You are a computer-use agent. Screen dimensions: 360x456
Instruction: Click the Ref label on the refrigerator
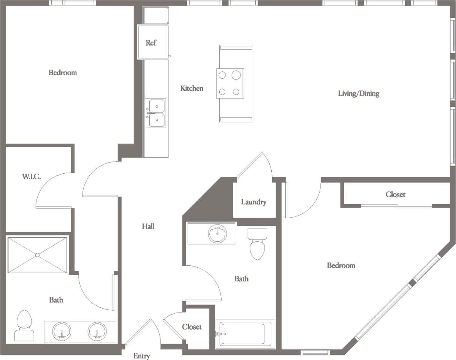[x=151, y=43]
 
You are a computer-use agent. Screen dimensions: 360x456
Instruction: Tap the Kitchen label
[x=192, y=88]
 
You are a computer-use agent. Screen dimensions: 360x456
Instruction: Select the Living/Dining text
[x=358, y=93]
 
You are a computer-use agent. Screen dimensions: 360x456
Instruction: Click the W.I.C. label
[x=31, y=176]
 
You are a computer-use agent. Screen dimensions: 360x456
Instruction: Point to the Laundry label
[x=253, y=202]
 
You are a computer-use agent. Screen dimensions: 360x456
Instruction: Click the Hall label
[x=148, y=226]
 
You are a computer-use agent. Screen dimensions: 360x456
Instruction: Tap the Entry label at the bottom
[x=141, y=356]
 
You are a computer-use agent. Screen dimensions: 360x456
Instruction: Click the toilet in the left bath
[x=24, y=325]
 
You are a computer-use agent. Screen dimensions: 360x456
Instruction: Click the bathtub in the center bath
[x=245, y=334]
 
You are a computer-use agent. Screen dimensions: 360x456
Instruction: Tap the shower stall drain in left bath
[x=37, y=255]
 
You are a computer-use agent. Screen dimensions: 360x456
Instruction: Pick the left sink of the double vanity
[x=61, y=331]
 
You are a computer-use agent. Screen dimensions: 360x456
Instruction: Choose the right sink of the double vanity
[x=97, y=331]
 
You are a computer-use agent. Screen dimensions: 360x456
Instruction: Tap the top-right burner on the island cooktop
[x=236, y=75]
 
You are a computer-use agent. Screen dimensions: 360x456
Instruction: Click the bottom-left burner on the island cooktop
[x=222, y=92]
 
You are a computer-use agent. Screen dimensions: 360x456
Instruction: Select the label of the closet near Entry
[x=192, y=327]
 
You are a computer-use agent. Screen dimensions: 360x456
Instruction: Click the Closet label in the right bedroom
[x=395, y=194]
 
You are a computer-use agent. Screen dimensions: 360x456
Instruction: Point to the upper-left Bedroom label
[x=63, y=72]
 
